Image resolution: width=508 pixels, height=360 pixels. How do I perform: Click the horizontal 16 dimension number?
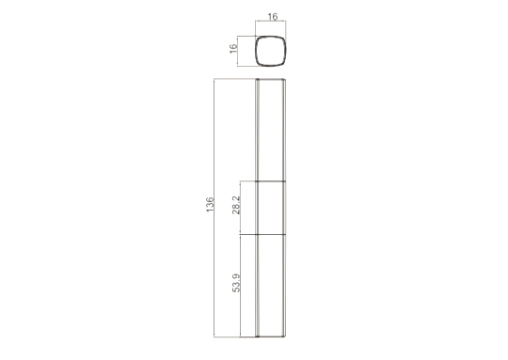(x=273, y=17)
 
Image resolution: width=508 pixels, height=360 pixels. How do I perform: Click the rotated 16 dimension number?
(x=233, y=49)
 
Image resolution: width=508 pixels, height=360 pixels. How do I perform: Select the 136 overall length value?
(x=210, y=205)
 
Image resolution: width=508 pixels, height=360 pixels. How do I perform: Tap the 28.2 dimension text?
(x=236, y=205)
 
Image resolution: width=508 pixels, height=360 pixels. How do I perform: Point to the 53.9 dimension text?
(x=236, y=283)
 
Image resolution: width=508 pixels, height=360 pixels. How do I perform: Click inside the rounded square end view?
(x=271, y=51)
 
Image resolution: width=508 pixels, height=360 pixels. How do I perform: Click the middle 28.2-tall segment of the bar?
(x=271, y=208)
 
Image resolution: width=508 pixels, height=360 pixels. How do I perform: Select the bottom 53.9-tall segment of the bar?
(x=271, y=286)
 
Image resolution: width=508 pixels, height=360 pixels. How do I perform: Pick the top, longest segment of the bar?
(x=271, y=130)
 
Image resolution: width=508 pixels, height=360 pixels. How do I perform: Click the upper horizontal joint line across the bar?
(x=271, y=181)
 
